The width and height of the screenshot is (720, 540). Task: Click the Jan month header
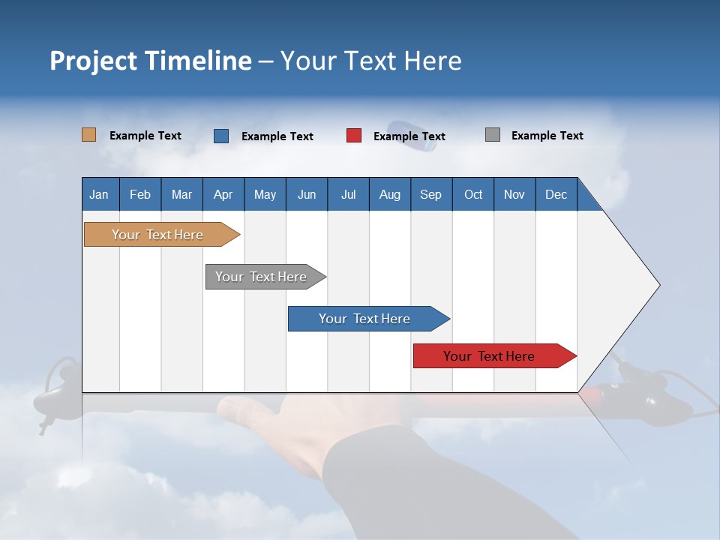click(99, 194)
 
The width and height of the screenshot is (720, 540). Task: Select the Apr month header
click(223, 194)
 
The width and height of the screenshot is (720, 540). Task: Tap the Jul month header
click(348, 194)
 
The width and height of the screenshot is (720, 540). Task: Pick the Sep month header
click(430, 194)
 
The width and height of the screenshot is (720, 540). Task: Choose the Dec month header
click(556, 194)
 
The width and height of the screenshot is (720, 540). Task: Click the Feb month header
click(140, 194)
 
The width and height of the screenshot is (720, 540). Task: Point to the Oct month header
click(473, 194)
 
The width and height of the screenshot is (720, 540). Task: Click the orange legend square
click(89, 135)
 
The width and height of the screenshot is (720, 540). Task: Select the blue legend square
click(221, 136)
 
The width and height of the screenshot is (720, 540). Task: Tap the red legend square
click(354, 136)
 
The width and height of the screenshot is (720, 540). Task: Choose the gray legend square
click(493, 135)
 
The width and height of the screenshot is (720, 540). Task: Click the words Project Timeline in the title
click(151, 61)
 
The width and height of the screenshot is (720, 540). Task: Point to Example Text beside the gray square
click(547, 136)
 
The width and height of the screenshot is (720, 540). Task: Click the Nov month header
click(514, 194)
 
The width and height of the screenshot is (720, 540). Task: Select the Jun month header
click(307, 194)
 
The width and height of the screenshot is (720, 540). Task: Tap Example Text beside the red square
click(409, 136)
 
